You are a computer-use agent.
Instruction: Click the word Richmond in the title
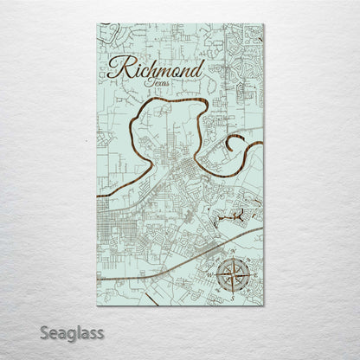158,70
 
